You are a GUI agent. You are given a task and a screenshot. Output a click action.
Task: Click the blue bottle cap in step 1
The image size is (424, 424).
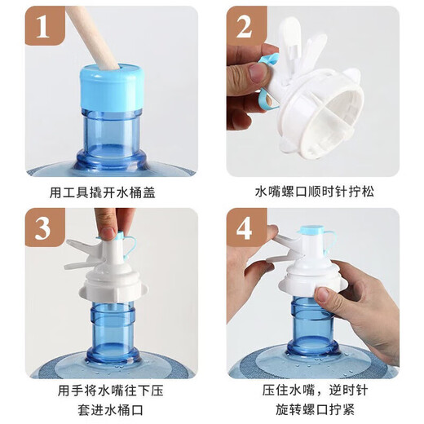pos(112,88)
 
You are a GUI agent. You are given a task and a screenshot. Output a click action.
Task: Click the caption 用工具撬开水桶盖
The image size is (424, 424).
pos(111,193)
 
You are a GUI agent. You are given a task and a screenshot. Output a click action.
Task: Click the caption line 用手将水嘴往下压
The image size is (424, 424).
pos(111,389)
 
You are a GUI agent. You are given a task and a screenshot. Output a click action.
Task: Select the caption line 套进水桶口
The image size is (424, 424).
pos(111,409)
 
